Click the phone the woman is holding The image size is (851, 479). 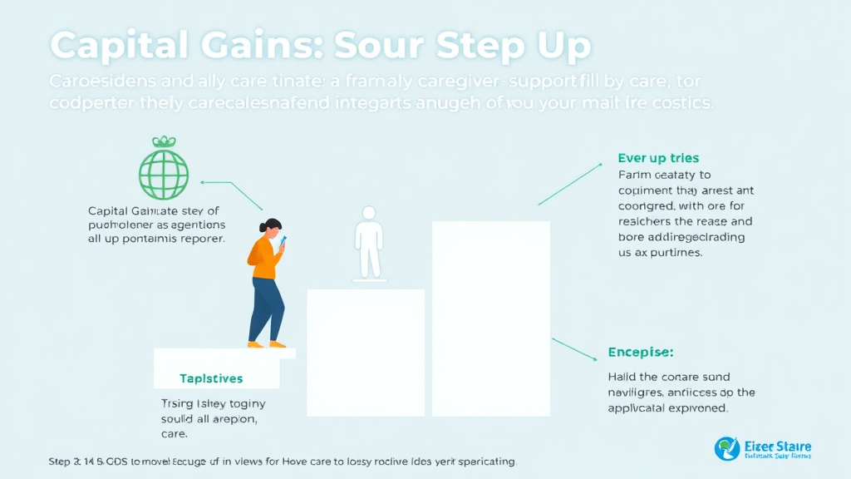(283, 241)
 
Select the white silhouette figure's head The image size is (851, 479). (368, 214)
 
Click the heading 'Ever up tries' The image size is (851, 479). (658, 158)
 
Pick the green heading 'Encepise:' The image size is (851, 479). (640, 352)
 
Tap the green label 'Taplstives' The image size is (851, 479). (211, 378)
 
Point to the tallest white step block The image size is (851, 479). (490, 318)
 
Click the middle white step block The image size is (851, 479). (366, 351)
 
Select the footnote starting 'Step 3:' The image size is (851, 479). (282, 460)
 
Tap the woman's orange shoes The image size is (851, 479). (267, 343)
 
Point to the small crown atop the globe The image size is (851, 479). (164, 142)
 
